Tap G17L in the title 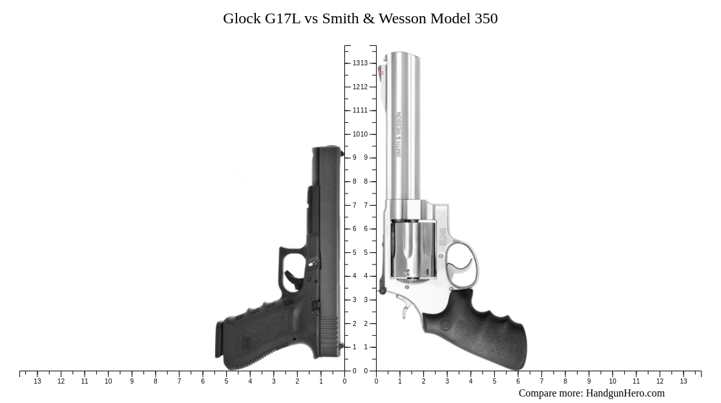click(282, 18)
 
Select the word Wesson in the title click(402, 18)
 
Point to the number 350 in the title click(486, 18)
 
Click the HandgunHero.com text click(625, 393)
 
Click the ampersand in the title click(369, 18)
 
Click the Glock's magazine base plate click(219, 339)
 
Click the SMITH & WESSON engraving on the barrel click(399, 135)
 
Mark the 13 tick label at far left click(37, 382)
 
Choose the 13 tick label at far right click(684, 382)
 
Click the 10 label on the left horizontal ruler click(108, 382)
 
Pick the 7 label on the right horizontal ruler click(541, 382)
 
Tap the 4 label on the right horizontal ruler click(470, 382)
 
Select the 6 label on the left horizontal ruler click(203, 382)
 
